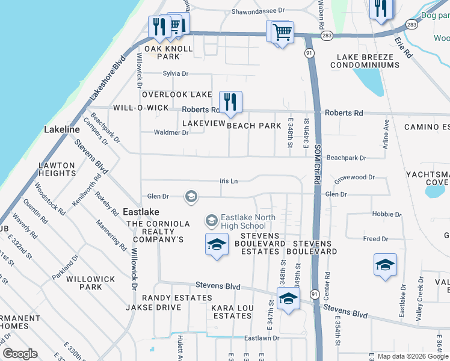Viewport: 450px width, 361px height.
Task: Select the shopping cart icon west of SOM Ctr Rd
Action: pyautogui.click(x=282, y=32)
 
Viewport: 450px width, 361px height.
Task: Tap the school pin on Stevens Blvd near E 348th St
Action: pyautogui.click(x=289, y=298)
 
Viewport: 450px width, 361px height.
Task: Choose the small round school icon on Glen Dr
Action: pyautogui.click(x=191, y=196)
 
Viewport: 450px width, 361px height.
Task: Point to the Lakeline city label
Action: pyautogui.click(x=61, y=129)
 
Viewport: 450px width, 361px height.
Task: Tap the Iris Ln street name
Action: pyautogui.click(x=229, y=180)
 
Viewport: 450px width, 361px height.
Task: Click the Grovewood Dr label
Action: pyautogui.click(x=354, y=178)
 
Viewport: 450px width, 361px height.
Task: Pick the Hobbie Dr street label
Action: pyautogui.click(x=387, y=214)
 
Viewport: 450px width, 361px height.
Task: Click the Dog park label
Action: pyautogui.click(x=435, y=16)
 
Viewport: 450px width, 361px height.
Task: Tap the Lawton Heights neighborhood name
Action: pyautogui.click(x=57, y=169)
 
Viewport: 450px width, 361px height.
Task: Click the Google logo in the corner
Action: pyautogui.click(x=20, y=354)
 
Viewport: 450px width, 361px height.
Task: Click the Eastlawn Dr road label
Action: pyautogui.click(x=262, y=338)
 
